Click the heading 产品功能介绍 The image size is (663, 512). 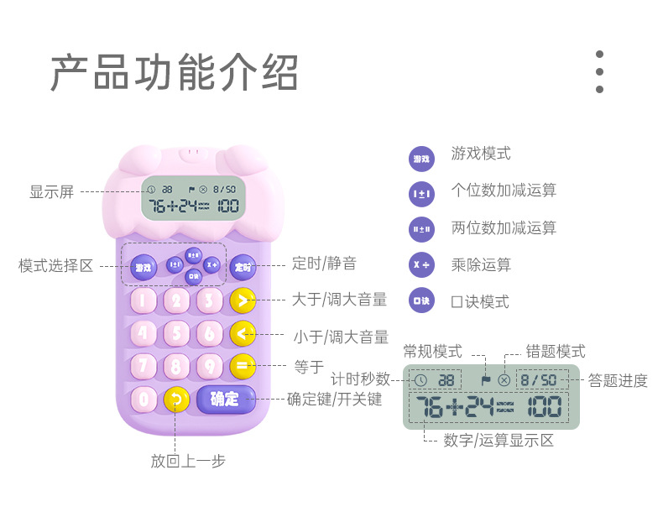[174, 73]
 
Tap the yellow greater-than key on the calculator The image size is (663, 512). [243, 300]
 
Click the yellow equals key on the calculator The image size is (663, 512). [243, 366]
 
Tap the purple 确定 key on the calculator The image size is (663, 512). [225, 399]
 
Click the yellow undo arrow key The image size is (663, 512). [176, 400]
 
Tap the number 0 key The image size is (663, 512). [144, 400]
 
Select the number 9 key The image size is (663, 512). [209, 366]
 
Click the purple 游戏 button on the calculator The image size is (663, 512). [144, 268]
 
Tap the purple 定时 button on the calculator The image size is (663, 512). [243, 267]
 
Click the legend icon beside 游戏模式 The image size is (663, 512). [421, 157]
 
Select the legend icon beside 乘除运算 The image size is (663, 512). [421, 264]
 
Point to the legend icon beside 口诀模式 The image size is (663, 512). [421, 301]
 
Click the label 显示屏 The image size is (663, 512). [52, 192]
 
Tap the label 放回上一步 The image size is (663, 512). [188, 461]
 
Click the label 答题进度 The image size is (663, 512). [618, 381]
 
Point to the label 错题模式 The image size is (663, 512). [556, 352]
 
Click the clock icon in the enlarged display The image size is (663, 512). [420, 380]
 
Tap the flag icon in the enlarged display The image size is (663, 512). [485, 379]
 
